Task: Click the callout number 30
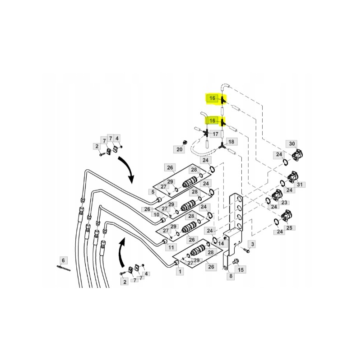pos(292,144)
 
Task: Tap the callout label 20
pos(180,149)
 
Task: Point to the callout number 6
pos(63,260)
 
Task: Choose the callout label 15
pos(241,269)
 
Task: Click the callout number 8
pos(230,276)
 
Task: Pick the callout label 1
pos(180,272)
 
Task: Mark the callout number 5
pos(153,192)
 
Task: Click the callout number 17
pos(215,134)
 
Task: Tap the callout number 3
pos(253,244)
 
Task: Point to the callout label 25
pos(289,227)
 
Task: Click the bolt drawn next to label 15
pos(236,261)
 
